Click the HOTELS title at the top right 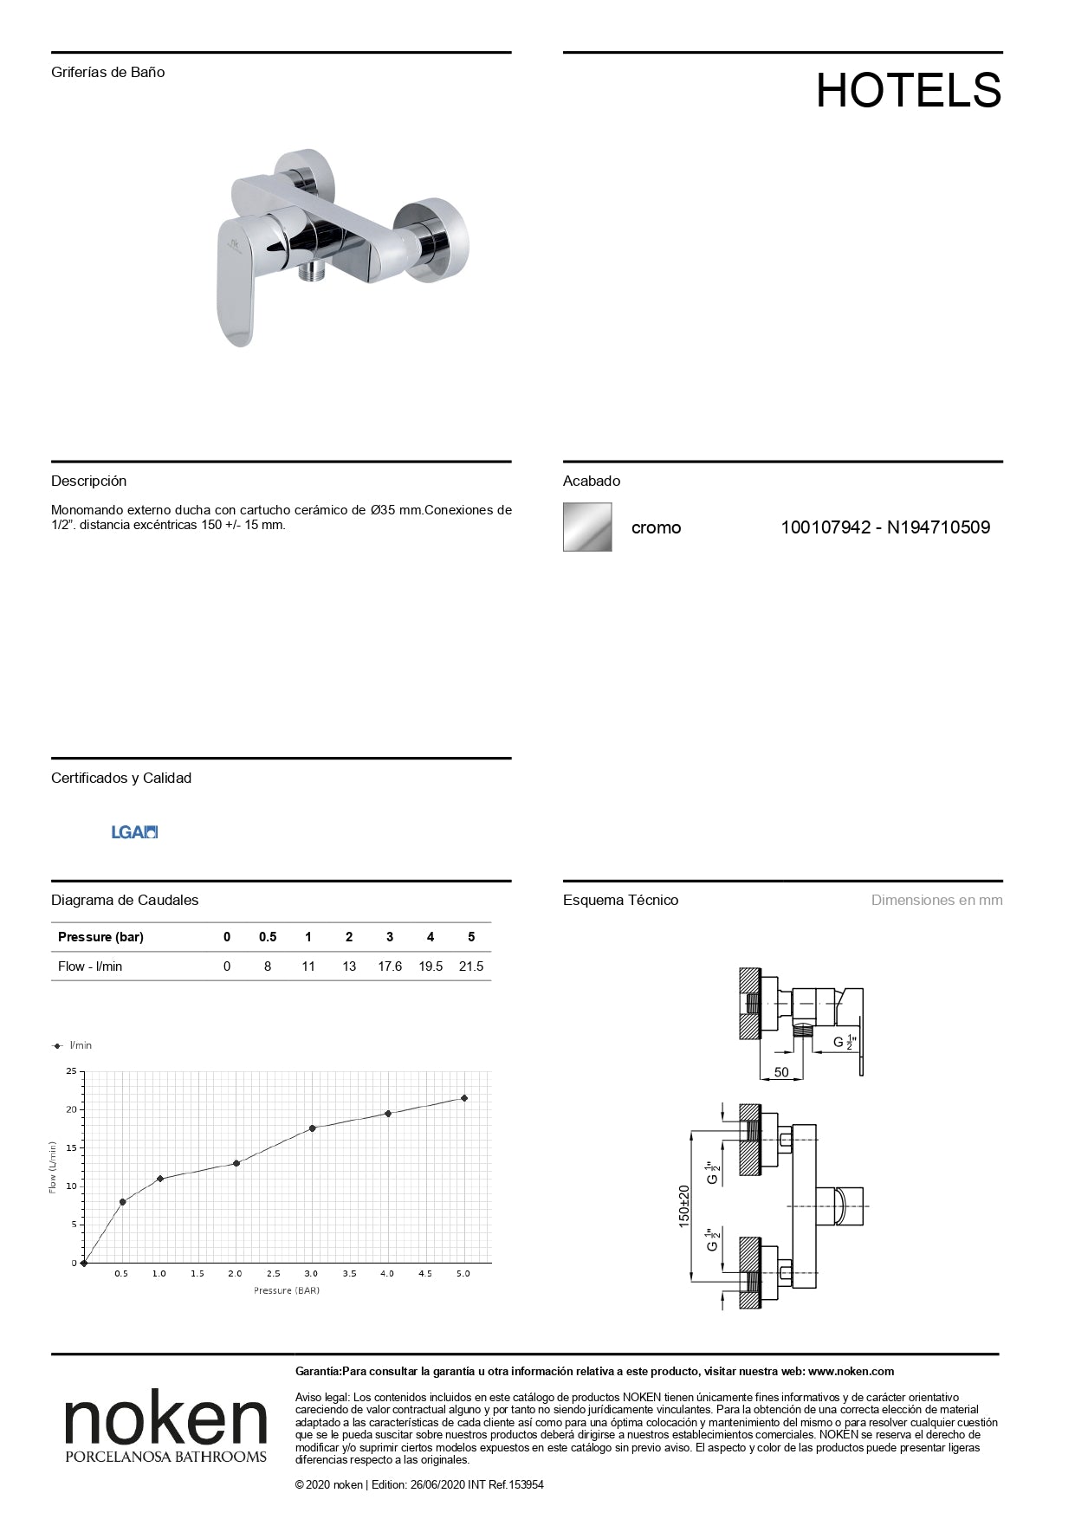(908, 90)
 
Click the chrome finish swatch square (587, 527)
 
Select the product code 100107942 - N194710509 (885, 527)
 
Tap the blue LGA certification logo (134, 832)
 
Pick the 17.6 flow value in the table (390, 966)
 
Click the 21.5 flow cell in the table (471, 966)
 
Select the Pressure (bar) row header (100, 937)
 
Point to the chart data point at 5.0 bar (464, 1098)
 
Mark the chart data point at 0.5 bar (122, 1201)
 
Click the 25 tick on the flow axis (71, 1071)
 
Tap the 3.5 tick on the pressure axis (349, 1274)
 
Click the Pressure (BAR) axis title (287, 1290)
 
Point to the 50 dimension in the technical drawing (781, 1072)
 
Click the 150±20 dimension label (683, 1206)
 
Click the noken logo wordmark (165, 1419)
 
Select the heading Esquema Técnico (620, 900)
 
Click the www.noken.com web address (852, 1371)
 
